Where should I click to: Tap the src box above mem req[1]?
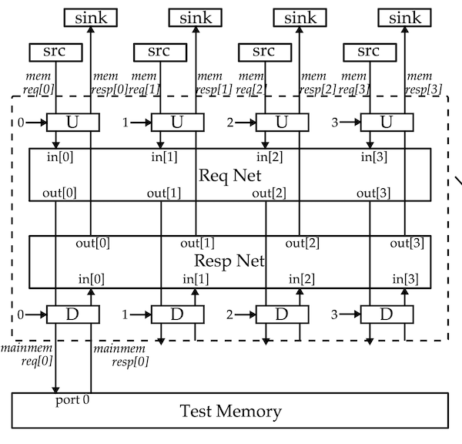pos(160,52)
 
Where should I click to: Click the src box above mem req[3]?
pos(370,52)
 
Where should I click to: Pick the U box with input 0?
pos(72,122)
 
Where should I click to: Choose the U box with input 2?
pos(281,122)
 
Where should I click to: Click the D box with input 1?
pos(176,314)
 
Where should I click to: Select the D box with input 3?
pos(387,314)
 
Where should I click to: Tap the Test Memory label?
pos(229,411)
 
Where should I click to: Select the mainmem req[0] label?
pos(28,355)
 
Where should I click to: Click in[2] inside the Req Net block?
pos(270,157)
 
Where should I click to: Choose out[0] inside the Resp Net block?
pos(92,244)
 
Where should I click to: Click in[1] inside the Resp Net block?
pos(196,277)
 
